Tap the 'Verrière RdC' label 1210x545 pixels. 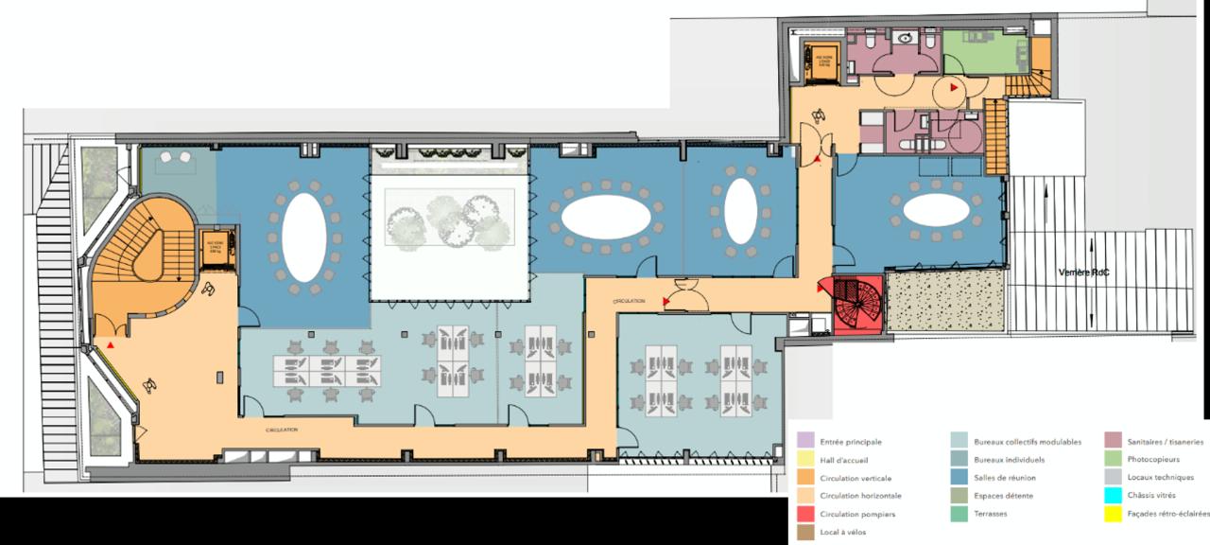(x=1083, y=272)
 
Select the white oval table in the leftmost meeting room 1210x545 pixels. (x=303, y=237)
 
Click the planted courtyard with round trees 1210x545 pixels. (x=448, y=219)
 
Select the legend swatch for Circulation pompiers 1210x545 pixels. (x=805, y=515)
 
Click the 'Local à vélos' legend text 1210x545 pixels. (x=843, y=532)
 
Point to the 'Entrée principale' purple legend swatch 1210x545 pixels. (x=805, y=442)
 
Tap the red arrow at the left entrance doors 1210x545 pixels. (x=112, y=347)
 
